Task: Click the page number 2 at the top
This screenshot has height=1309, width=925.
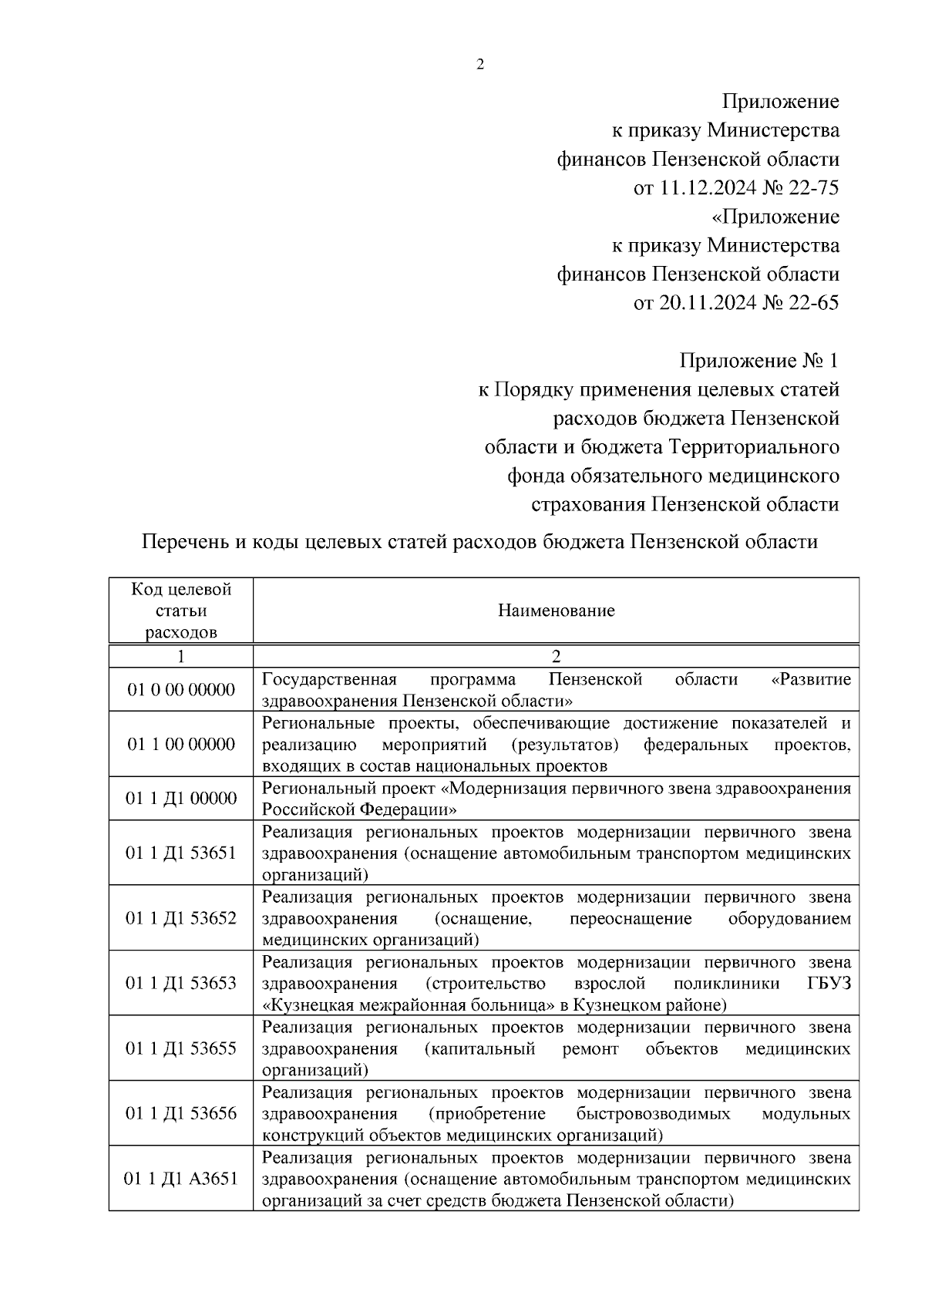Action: pos(479,65)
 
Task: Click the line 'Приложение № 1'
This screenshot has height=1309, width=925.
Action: pos(758,361)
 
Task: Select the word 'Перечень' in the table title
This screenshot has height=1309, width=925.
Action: pos(184,542)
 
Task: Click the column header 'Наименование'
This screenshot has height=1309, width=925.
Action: pos(556,611)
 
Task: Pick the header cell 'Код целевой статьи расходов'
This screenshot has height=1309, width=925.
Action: pos(181,611)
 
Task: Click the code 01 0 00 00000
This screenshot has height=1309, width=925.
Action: pos(181,689)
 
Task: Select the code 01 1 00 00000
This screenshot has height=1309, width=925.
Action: pos(181,744)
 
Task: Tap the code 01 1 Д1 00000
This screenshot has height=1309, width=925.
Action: pos(181,799)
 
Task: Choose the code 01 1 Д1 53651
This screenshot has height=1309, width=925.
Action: pos(181,853)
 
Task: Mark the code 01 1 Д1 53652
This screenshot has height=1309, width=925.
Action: pos(181,918)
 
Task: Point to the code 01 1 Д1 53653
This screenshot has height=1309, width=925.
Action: pos(181,984)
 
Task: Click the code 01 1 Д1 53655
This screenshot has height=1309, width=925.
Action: pos(181,1048)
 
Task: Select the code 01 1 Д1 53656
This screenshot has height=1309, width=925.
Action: pos(181,1113)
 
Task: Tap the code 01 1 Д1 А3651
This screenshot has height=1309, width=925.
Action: pos(181,1179)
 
